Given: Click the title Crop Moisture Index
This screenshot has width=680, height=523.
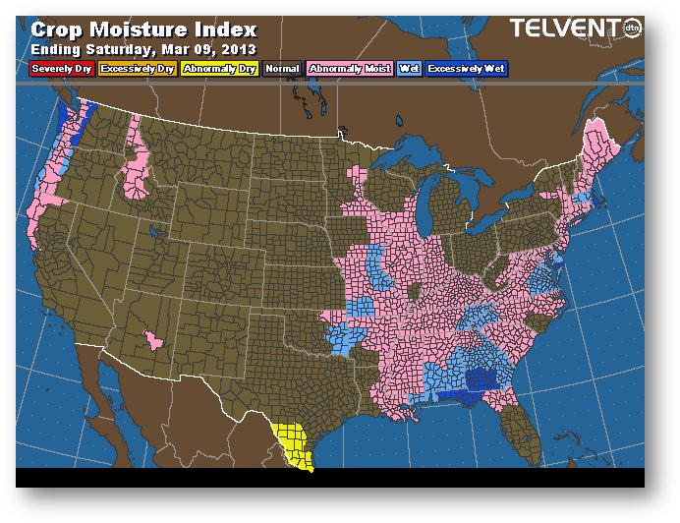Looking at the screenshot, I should [143, 29].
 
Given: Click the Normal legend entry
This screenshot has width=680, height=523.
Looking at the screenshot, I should [282, 69].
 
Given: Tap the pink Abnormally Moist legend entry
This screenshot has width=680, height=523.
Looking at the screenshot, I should [350, 69].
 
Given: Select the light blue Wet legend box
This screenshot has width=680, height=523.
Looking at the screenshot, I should [408, 69].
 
